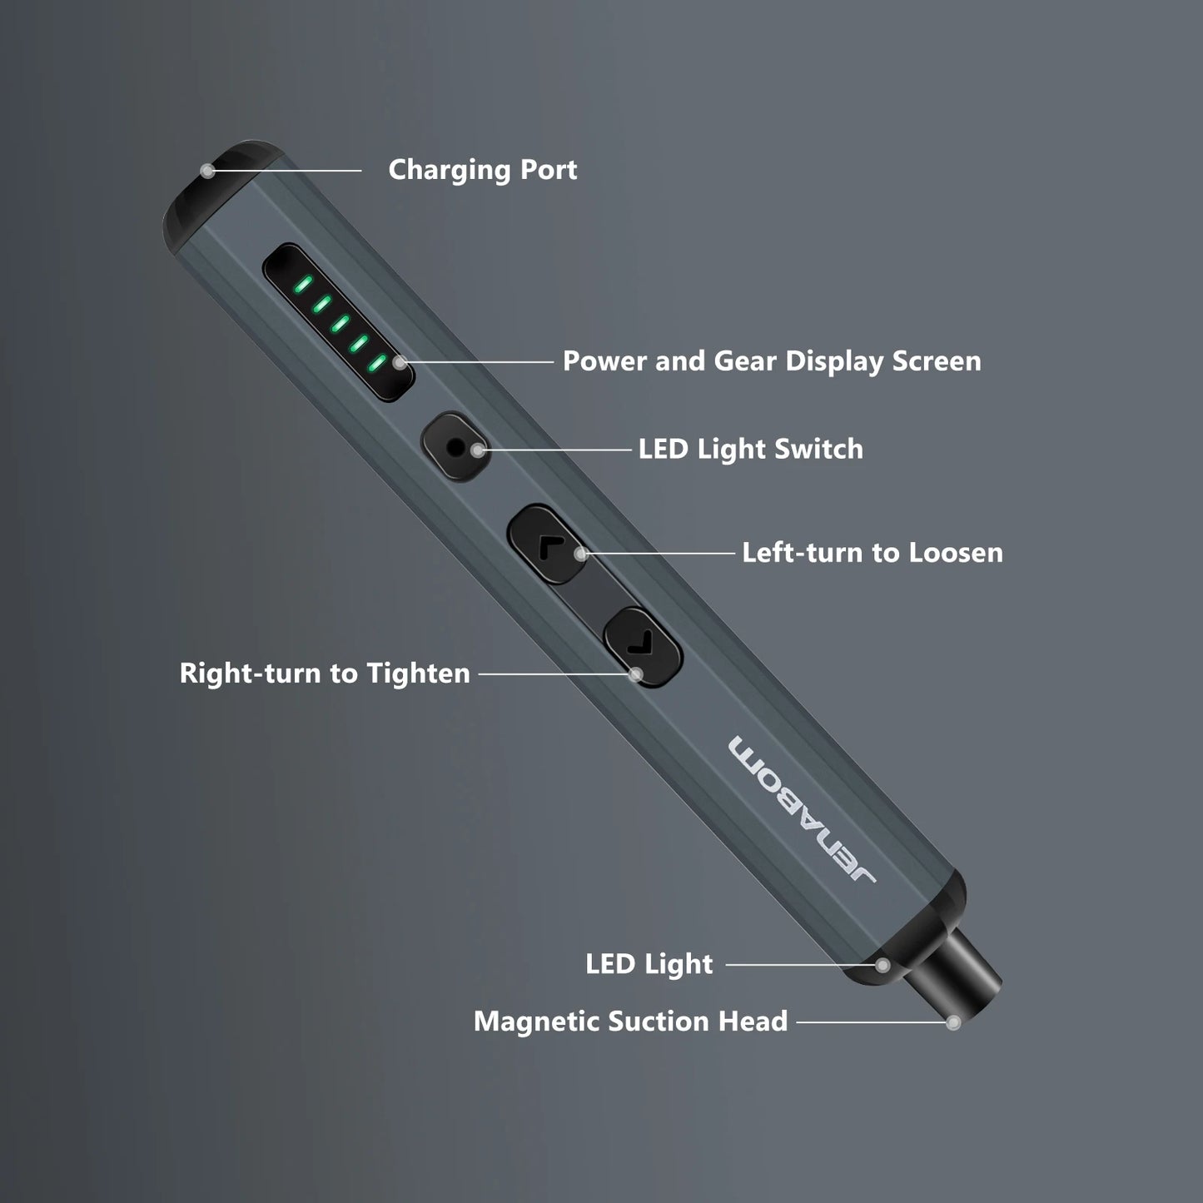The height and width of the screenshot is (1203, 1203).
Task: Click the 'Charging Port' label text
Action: [482, 170]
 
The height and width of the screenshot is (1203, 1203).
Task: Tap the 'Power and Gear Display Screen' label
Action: [771, 361]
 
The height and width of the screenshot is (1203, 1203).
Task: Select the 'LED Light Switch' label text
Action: [750, 450]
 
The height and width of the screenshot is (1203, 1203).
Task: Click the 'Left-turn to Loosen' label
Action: [872, 553]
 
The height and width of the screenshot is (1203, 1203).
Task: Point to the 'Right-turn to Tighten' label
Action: [325, 674]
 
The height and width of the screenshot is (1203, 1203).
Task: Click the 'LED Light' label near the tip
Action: [649, 964]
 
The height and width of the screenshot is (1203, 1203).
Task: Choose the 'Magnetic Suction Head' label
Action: [630, 1022]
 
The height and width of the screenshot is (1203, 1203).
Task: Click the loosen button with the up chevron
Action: [546, 545]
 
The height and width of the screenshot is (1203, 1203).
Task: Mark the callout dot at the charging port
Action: [207, 171]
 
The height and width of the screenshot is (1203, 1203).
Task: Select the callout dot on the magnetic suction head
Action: [954, 1022]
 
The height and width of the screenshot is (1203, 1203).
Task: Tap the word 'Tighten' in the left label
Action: [418, 674]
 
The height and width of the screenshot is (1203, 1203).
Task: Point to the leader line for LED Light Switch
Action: [558, 450]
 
